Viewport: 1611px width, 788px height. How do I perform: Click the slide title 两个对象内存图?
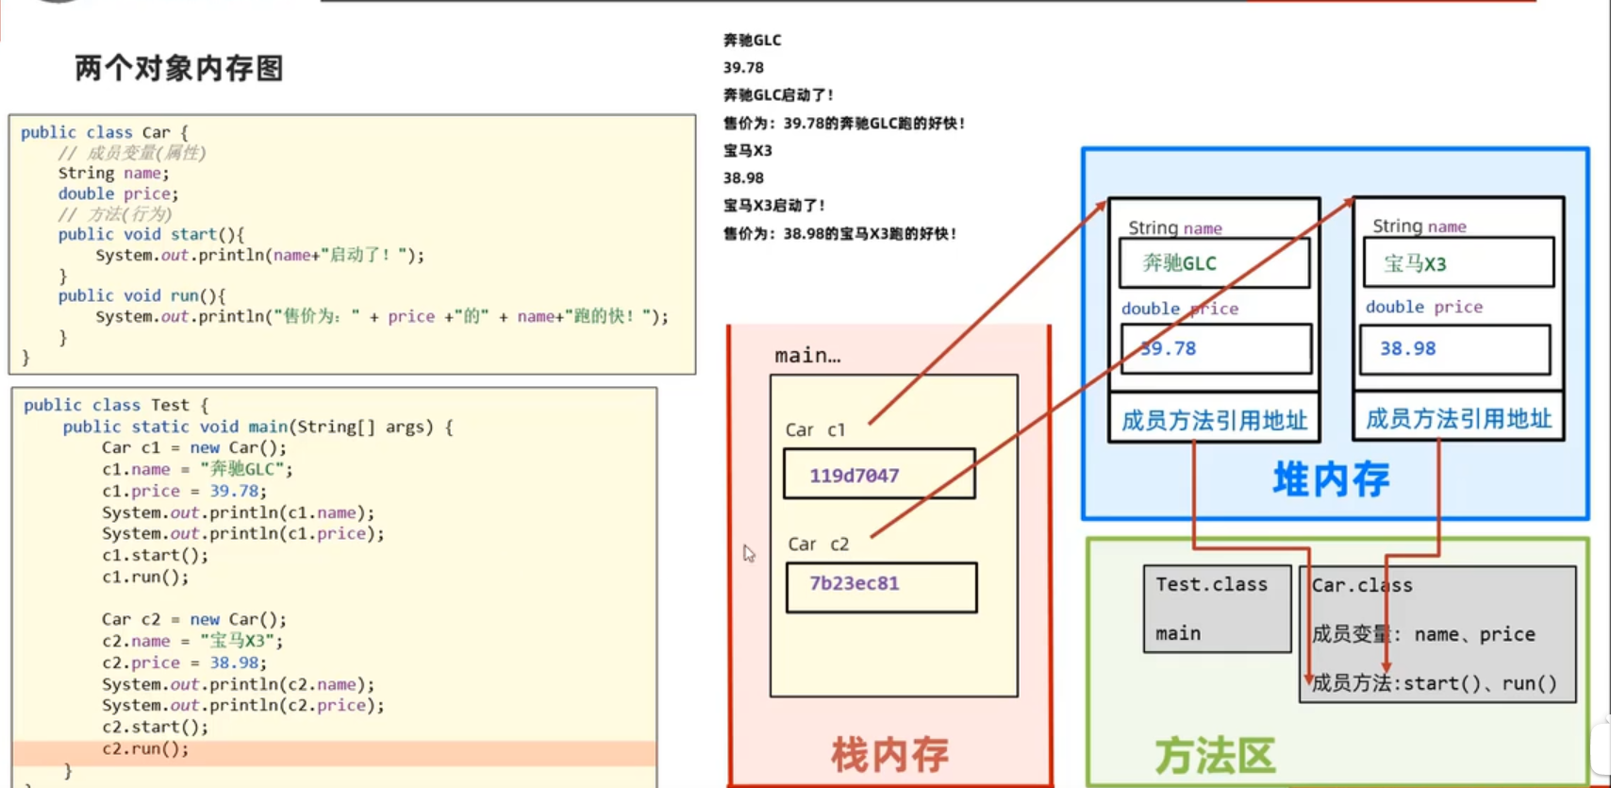click(179, 68)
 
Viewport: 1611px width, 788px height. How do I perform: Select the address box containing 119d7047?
click(878, 474)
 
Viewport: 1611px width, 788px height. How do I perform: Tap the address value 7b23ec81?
click(854, 583)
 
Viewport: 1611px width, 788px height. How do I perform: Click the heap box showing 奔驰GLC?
click(1214, 263)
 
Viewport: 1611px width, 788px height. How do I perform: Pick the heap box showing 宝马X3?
click(1458, 263)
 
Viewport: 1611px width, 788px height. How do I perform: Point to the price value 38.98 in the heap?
click(1407, 349)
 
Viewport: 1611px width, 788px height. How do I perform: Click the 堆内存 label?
click(1331, 479)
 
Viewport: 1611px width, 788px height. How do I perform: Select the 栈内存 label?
click(889, 754)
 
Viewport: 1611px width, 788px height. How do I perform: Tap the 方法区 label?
click(1215, 755)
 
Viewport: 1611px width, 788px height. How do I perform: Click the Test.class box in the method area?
click(1216, 609)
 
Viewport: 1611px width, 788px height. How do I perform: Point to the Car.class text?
click(1362, 586)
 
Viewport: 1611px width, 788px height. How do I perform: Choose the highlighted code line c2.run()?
click(145, 749)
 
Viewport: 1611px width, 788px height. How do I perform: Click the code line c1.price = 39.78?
click(184, 491)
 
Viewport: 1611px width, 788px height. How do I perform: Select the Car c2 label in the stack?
click(818, 545)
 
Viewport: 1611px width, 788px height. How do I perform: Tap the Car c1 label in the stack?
click(815, 430)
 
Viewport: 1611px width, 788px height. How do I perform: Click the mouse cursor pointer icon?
click(749, 554)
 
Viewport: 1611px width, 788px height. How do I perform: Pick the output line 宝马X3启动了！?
click(774, 206)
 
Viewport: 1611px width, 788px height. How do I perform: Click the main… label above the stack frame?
click(806, 356)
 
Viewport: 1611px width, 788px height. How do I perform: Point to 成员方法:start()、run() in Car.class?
click(1434, 683)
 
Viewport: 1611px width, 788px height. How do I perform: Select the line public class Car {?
click(104, 133)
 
